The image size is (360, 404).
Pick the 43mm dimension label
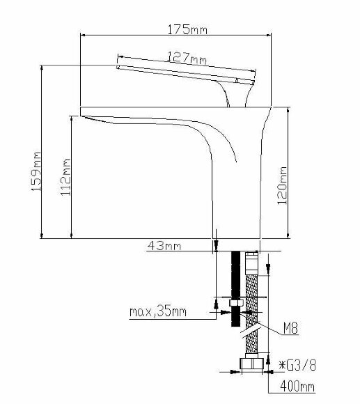tap(164, 245)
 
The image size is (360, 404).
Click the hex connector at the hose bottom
tap(251, 363)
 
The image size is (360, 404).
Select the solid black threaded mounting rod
tap(235, 279)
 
